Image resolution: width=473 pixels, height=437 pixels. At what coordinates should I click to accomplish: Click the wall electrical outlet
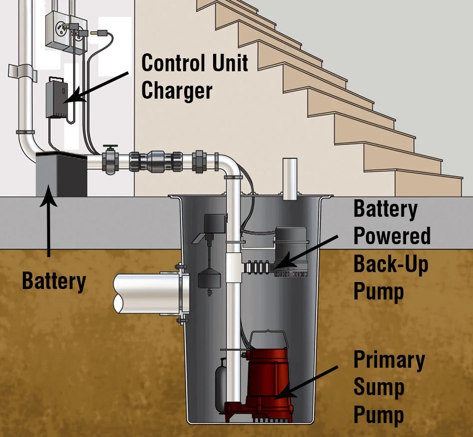56,30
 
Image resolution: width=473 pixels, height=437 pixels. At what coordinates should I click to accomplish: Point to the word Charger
177,91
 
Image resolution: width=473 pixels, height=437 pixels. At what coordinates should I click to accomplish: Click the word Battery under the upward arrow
54,282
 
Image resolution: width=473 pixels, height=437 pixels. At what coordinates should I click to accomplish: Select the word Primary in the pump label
389,360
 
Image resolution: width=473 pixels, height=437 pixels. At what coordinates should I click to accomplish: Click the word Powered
392,236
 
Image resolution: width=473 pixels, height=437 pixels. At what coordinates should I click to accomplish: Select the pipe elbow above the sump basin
229,166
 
